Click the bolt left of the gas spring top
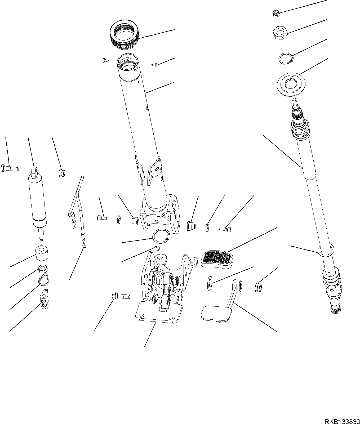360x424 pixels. (x=10, y=168)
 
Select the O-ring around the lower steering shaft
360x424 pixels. (x=326, y=250)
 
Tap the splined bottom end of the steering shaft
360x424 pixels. (x=335, y=309)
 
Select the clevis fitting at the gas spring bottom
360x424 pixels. (x=44, y=302)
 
